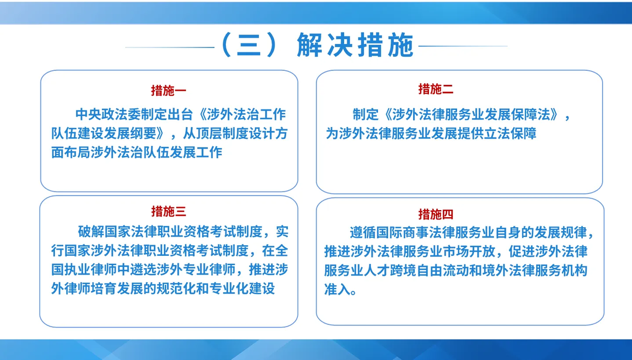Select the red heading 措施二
point(435,89)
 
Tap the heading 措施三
point(169,211)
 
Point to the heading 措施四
point(435,214)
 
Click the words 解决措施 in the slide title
point(355,46)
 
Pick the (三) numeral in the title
point(249,46)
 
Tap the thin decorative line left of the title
point(170,47)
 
